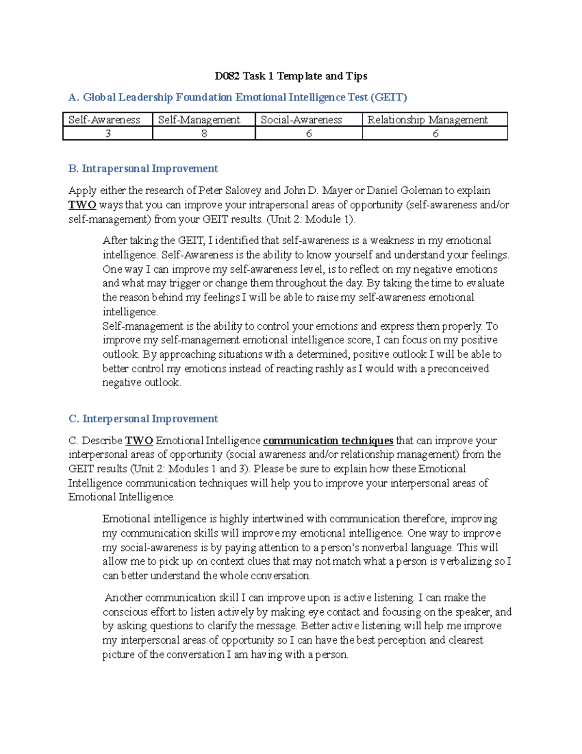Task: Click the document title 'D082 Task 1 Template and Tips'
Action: [x=291, y=76]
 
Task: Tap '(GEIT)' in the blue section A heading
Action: [x=388, y=98]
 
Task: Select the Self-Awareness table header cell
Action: [x=104, y=120]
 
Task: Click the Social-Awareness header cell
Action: [x=301, y=120]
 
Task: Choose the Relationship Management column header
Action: [x=427, y=120]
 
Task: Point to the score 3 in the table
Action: [x=108, y=134]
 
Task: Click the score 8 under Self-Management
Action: [x=204, y=134]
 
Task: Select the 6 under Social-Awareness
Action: [x=309, y=134]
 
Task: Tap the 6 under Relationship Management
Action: [x=435, y=134]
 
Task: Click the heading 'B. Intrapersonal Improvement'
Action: [x=143, y=168]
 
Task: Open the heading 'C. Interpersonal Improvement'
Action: [x=143, y=419]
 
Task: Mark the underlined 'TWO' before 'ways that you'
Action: [x=82, y=205]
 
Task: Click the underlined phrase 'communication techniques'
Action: [x=328, y=441]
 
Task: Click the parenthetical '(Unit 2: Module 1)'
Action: [x=310, y=219]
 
